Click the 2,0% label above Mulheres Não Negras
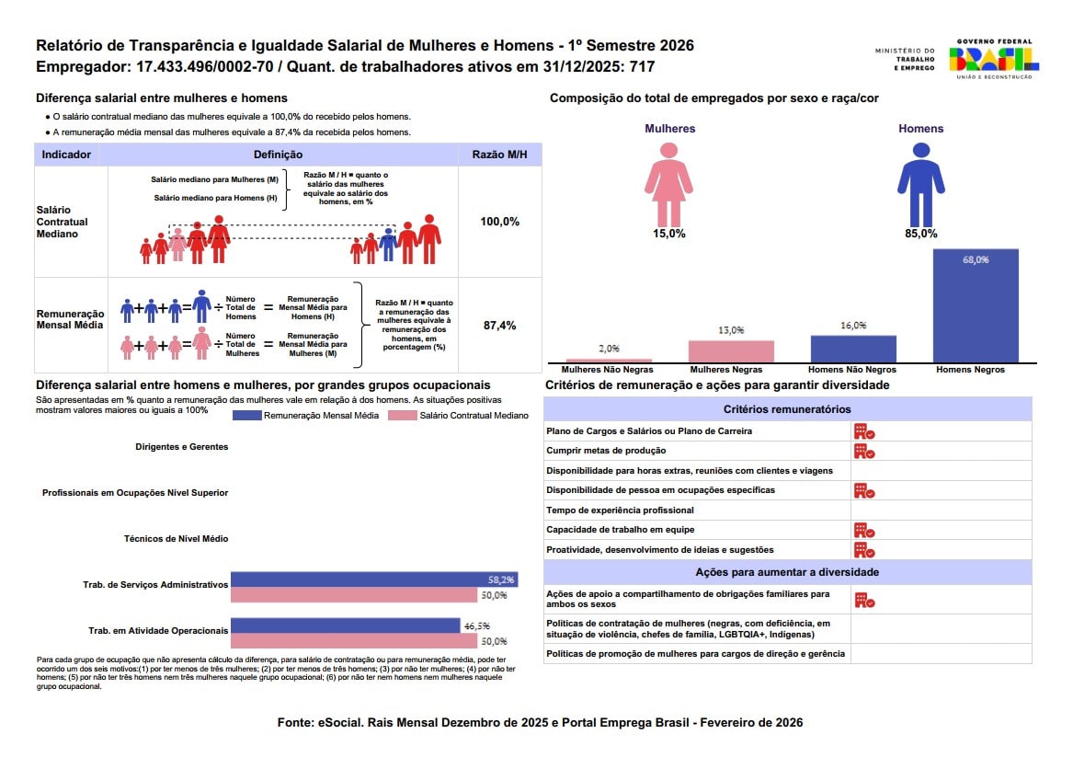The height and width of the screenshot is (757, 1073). (609, 349)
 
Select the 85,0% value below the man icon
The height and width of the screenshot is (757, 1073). (920, 234)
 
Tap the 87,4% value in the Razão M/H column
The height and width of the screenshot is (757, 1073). (499, 325)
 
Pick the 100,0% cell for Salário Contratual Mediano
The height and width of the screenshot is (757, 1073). (499, 222)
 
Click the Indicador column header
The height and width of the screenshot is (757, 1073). (67, 155)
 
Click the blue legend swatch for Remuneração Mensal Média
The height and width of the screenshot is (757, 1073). (246, 416)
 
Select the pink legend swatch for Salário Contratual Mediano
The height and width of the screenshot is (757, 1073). (403, 416)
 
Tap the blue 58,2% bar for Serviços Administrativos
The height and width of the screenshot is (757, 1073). (372, 579)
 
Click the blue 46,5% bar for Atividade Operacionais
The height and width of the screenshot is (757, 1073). (345, 625)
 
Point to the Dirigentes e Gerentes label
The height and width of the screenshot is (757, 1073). (181, 446)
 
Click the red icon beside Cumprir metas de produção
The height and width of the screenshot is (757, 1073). (863, 451)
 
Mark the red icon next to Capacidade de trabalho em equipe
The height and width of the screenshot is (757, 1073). (863, 530)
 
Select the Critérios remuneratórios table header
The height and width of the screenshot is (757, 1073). (787, 409)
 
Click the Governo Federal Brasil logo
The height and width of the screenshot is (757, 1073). (994, 59)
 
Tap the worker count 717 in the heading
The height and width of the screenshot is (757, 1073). (643, 67)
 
